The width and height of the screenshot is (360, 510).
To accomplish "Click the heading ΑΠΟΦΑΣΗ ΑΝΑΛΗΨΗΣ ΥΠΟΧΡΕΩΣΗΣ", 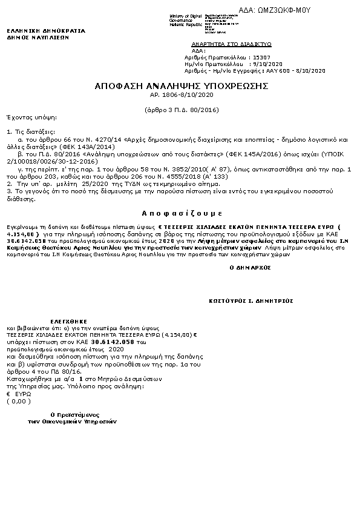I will click(181, 86).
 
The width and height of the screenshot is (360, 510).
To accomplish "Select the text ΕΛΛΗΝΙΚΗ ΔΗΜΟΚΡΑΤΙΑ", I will click(46, 30).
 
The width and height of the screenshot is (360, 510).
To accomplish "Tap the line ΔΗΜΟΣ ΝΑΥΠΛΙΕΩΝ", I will click(38, 37).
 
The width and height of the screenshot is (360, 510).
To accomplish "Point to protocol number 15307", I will click(261, 56).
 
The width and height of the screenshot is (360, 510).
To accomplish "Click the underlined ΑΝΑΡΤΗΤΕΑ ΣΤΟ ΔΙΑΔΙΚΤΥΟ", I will click(231, 44).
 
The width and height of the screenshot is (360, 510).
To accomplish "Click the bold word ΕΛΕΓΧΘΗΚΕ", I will click(68, 320).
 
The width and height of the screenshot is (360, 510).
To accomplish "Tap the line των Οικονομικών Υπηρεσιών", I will click(71, 421).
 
